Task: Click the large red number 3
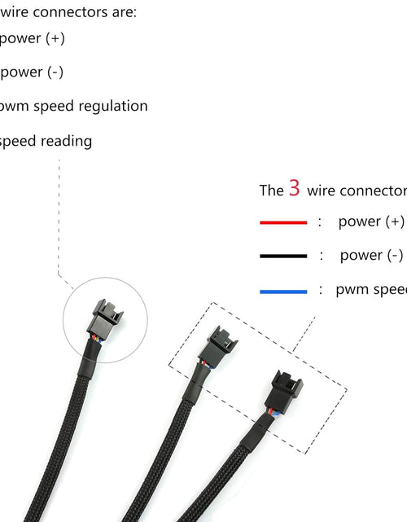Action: [294, 189]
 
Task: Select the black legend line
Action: [283, 256]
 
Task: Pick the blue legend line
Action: [283, 290]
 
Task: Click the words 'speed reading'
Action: [46, 141]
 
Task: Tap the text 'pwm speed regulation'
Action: [73, 106]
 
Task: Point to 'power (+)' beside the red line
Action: [371, 222]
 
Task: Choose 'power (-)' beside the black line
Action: [371, 255]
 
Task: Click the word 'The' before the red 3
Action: [271, 191]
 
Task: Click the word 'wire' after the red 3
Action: [321, 191]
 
